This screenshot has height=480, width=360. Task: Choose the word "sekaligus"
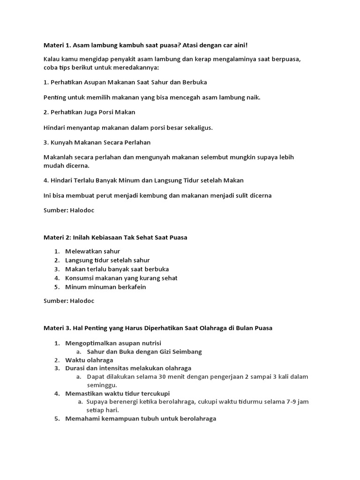[x=198, y=127]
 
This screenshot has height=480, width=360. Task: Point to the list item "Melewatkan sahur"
[x=93, y=251]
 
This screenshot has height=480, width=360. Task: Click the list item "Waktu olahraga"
[x=89, y=360]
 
